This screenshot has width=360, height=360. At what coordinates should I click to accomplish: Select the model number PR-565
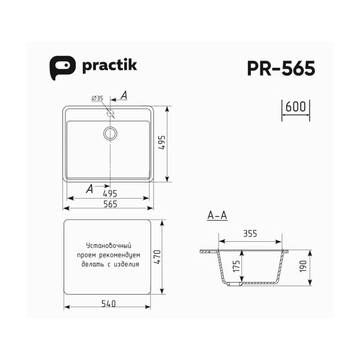click(280, 68)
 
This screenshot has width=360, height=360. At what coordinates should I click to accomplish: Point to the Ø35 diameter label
click(97, 98)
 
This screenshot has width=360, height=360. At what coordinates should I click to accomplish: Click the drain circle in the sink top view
click(110, 133)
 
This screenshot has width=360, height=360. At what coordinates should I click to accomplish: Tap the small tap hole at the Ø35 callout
click(110, 113)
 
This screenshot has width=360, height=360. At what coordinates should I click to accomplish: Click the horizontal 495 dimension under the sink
click(109, 193)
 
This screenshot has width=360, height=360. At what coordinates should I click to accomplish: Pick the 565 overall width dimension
click(109, 204)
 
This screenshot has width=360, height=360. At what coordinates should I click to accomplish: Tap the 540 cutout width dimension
click(108, 303)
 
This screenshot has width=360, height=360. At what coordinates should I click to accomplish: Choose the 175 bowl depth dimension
click(236, 267)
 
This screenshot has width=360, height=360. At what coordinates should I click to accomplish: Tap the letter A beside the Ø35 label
click(124, 95)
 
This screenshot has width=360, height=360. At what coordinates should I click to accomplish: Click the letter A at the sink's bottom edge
click(89, 188)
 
